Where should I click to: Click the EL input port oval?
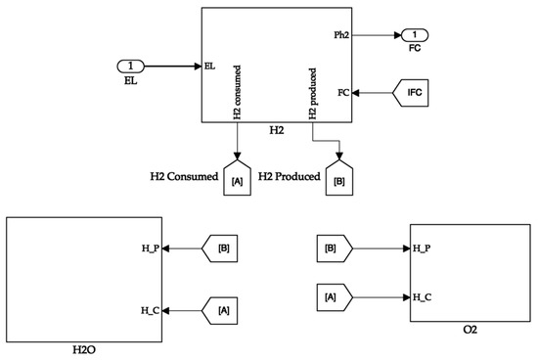pyautogui.click(x=130, y=67)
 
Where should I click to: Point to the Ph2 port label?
pyautogui.click(x=341, y=34)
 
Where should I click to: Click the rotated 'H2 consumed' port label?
pyautogui.click(x=237, y=93)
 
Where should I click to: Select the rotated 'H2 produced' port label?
pyautogui.click(x=313, y=93)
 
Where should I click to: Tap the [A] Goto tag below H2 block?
pyautogui.click(x=236, y=178)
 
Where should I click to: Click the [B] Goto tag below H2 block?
pyautogui.click(x=339, y=178)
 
